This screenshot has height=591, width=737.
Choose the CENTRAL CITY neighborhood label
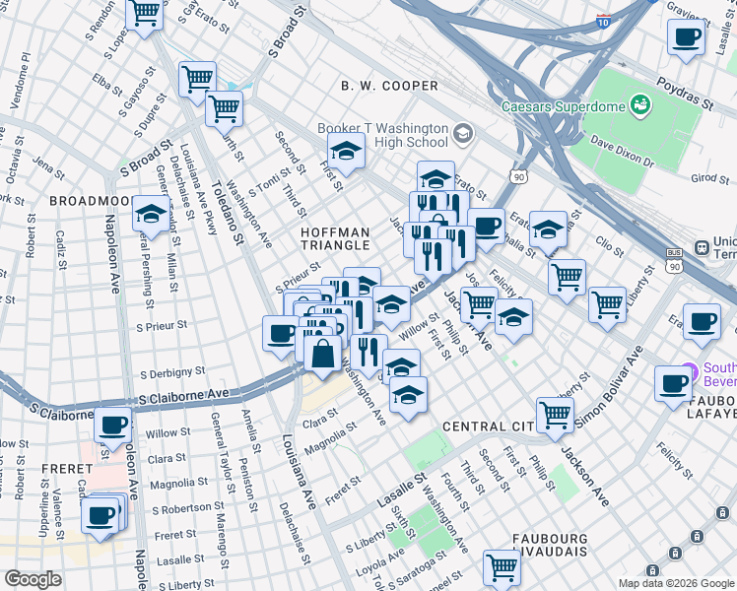(x=488, y=427)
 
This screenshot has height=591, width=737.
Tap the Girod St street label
(x=709, y=178)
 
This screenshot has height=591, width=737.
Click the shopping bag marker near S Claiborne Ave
(x=322, y=352)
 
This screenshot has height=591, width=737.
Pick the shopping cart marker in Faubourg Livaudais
(x=502, y=567)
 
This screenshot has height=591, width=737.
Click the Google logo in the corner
(x=33, y=579)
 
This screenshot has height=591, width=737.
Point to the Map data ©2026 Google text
(x=676, y=583)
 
